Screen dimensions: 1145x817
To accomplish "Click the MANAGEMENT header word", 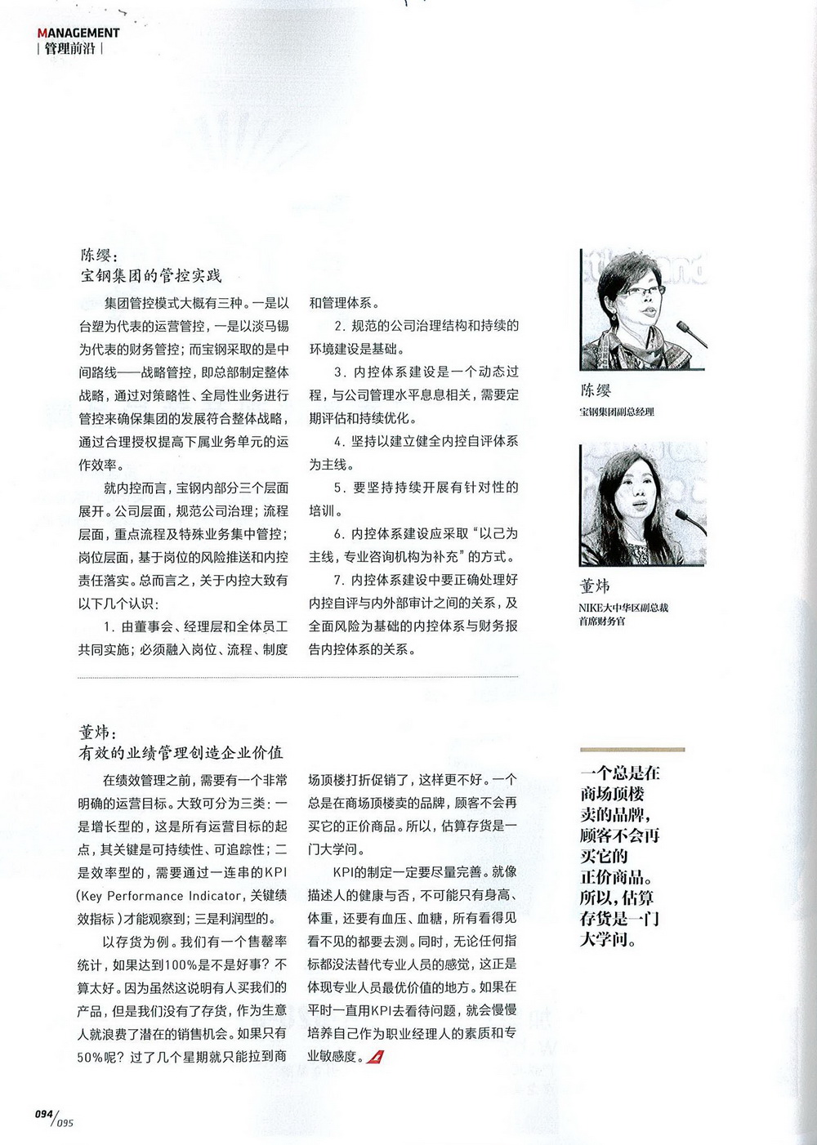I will pos(78,33).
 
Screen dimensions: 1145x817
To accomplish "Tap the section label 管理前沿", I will pos(70,48).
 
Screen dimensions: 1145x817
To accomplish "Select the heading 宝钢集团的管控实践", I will pos(150,275).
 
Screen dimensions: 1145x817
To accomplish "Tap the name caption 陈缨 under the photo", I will pos(596,390).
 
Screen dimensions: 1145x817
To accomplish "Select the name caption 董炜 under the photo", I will pos(595,586).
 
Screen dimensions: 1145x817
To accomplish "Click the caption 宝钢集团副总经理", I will pos(617,412).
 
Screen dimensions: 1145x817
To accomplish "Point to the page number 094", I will pos(43,1114).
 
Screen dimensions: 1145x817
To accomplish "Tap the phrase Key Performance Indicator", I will pos(160,896).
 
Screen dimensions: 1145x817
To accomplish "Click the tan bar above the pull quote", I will pos(632,749).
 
